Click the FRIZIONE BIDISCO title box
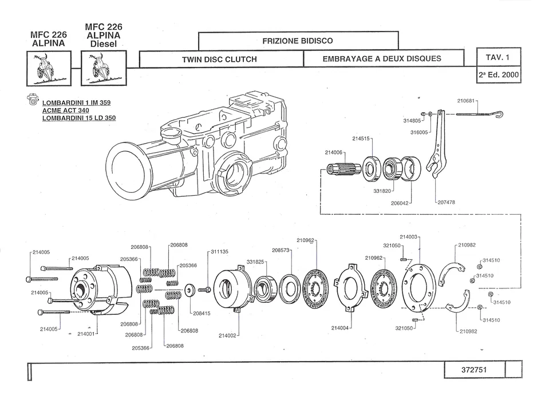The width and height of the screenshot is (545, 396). (x=298, y=41)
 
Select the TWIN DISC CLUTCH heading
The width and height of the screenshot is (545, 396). (x=219, y=60)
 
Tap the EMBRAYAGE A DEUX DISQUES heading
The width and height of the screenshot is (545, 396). (x=382, y=59)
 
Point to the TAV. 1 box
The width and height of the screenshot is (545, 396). (x=499, y=57)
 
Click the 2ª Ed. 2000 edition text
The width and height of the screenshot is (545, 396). (x=499, y=75)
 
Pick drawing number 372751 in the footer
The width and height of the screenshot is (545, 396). (x=474, y=370)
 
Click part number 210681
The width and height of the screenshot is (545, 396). (x=466, y=101)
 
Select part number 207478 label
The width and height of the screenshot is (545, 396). (x=447, y=202)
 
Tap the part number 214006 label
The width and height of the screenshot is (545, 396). (x=334, y=152)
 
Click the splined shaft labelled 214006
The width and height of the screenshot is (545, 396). (x=345, y=169)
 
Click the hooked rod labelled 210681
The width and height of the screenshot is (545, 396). (x=480, y=114)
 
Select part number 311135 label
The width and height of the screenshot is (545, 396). (x=220, y=251)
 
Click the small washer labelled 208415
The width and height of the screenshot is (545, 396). (x=190, y=290)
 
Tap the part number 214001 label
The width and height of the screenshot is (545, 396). (x=86, y=334)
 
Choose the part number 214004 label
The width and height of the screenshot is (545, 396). (x=340, y=328)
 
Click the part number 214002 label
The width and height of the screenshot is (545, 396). (x=227, y=335)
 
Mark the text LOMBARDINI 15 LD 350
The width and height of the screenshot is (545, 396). (x=79, y=118)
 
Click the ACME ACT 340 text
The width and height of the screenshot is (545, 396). (x=66, y=110)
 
